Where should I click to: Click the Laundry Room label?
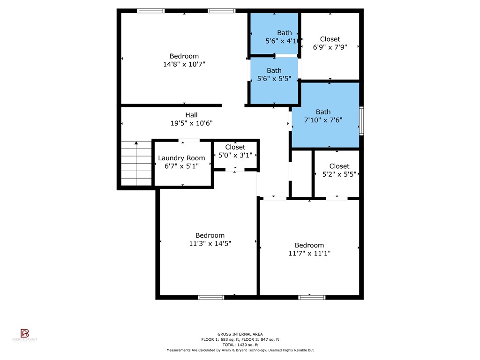click(181, 158)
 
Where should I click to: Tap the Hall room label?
click(191, 115)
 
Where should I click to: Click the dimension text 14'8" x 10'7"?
click(184, 64)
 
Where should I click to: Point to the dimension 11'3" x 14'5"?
click(210, 243)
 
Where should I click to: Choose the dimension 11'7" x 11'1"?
click(309, 253)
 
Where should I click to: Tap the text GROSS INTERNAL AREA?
click(240, 334)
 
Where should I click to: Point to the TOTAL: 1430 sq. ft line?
click(240, 345)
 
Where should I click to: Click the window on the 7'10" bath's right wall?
click(361, 121)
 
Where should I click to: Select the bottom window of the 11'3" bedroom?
click(210, 297)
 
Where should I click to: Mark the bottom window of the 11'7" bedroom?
click(312, 297)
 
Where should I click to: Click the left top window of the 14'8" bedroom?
click(150, 11)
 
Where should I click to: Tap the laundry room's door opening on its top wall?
click(189, 140)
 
